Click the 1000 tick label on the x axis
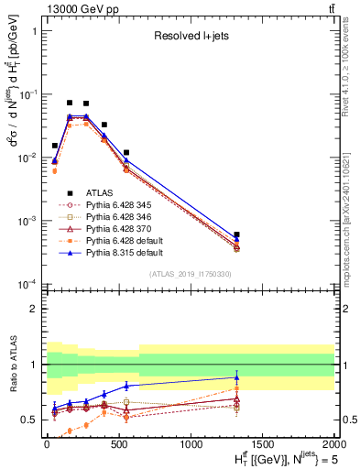point(191,444)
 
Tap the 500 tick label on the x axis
point(118,444)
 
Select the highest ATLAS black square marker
point(70,103)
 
